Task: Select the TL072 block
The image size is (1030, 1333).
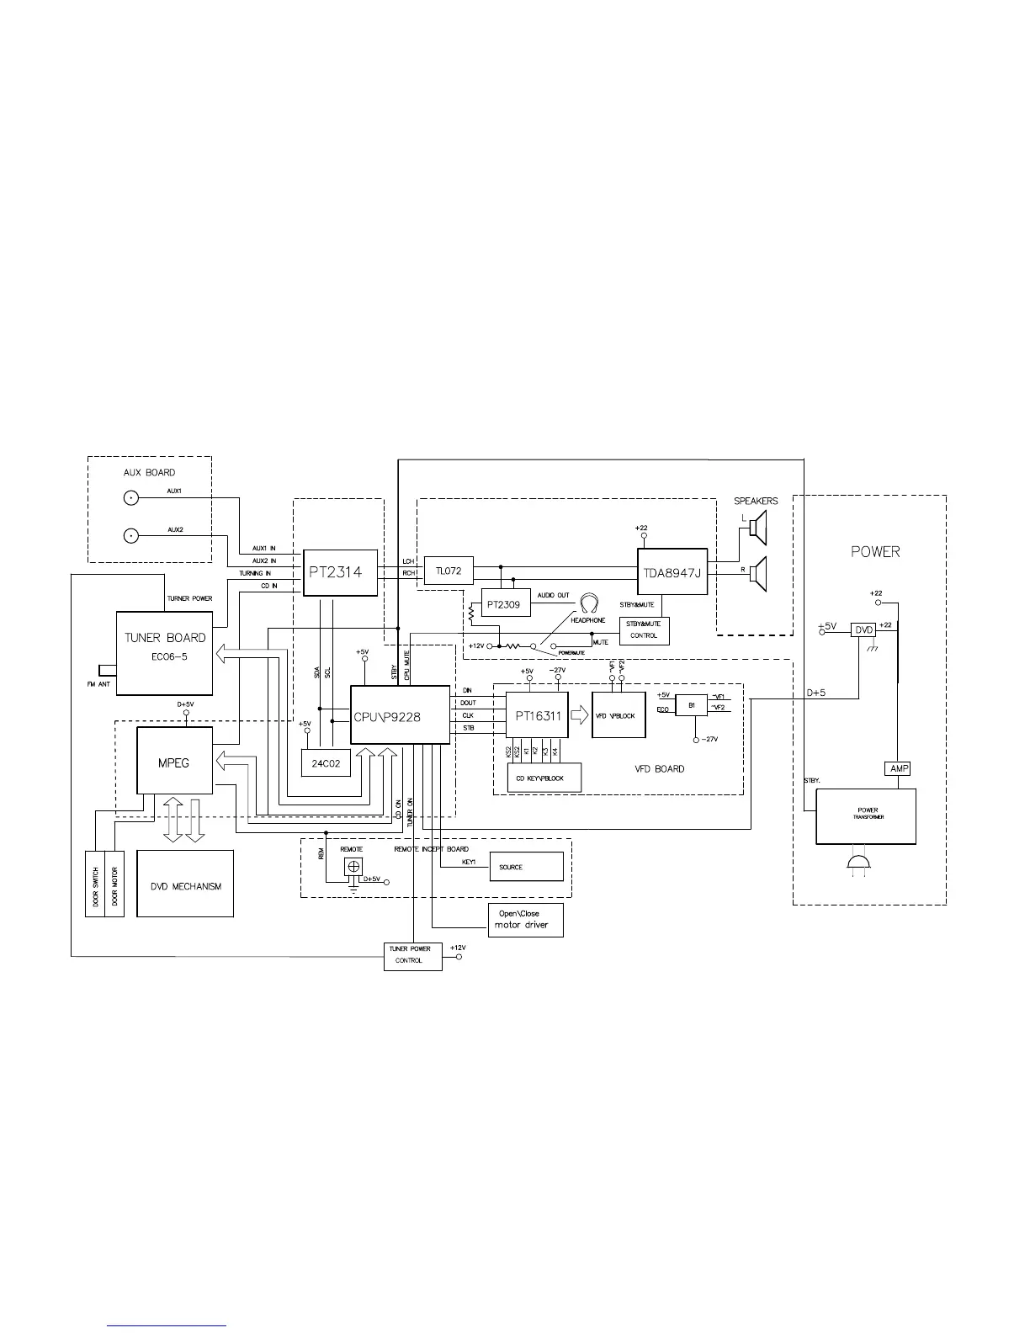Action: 449,571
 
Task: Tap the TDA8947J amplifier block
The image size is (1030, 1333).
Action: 672,573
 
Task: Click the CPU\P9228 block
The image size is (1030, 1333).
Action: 400,715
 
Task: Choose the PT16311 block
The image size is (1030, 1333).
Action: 537,715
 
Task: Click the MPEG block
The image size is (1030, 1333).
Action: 174,761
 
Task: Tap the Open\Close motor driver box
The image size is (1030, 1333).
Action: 525,919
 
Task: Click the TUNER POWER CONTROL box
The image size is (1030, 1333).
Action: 413,956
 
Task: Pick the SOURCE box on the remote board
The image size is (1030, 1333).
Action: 526,866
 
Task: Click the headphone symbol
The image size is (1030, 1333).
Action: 589,603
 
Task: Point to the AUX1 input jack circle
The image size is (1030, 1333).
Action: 131,499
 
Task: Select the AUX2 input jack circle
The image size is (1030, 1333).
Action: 131,537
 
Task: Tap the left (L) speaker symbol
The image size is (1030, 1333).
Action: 758,528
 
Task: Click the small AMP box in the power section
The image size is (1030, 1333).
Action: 898,768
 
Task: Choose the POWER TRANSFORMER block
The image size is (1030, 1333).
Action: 866,816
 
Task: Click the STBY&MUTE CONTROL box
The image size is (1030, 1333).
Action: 644,630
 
